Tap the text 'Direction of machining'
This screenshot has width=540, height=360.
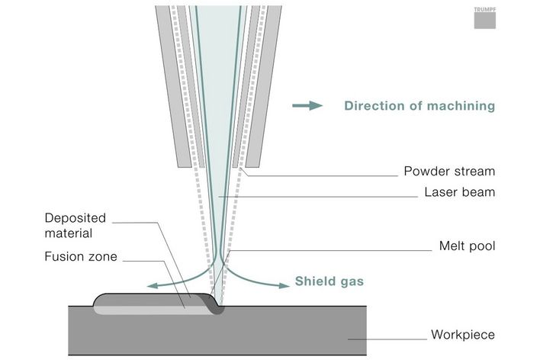pos(419,106)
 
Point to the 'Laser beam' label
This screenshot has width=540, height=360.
pos(460,192)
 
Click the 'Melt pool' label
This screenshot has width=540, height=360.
pos(467,246)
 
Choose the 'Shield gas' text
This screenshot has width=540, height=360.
pos(329,281)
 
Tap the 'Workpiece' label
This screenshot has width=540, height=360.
pos(463,335)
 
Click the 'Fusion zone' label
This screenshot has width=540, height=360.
pos(80,257)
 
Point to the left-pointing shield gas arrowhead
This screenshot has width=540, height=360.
pos(153,286)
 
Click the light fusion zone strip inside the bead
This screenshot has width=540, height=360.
pos(153,309)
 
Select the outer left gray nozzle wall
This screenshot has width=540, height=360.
pos(175,84)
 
